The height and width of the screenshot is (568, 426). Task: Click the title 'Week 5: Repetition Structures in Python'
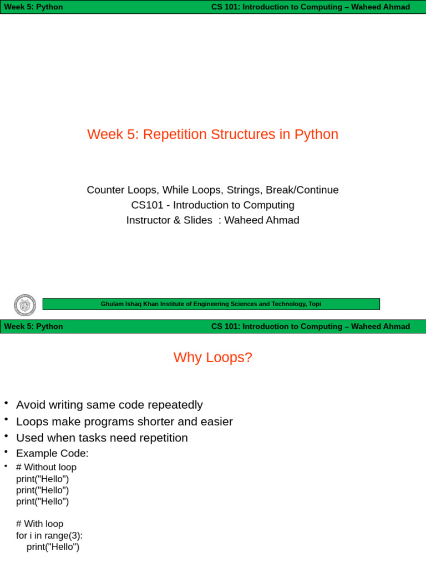[212, 134]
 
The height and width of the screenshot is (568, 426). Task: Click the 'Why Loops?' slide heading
[212, 357]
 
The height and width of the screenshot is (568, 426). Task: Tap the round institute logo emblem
[25, 305]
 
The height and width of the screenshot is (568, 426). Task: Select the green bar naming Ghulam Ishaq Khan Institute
[211, 304]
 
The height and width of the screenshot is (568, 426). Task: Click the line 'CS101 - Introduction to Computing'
[212, 205]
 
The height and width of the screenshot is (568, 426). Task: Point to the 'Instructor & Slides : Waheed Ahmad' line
[212, 220]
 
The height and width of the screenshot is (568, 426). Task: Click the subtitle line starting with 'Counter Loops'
[212, 190]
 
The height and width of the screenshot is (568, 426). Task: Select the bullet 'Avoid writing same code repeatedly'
[109, 405]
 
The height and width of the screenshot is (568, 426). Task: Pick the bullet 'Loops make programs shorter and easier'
[124, 422]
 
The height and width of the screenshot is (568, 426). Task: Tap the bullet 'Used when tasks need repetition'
[102, 438]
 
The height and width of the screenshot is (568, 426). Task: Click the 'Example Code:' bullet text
[52, 453]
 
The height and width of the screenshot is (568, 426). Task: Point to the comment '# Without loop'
[46, 467]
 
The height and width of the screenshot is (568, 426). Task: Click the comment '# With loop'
[39, 524]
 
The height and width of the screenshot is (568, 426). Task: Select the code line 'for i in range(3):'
[49, 535]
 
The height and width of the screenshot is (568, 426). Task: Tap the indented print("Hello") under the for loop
[53, 547]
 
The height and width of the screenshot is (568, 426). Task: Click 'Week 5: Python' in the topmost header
[33, 7]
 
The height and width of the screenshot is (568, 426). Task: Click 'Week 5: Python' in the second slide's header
[33, 326]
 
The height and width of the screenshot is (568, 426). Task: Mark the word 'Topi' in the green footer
[315, 304]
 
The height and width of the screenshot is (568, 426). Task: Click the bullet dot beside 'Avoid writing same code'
[6, 403]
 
